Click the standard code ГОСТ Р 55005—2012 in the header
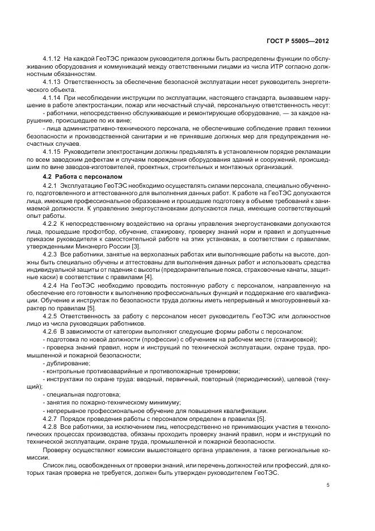pyautogui.click(x=300, y=41)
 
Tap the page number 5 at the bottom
pyautogui.click(x=328, y=485)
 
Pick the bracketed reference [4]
pyautogui.click(x=148, y=276)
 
